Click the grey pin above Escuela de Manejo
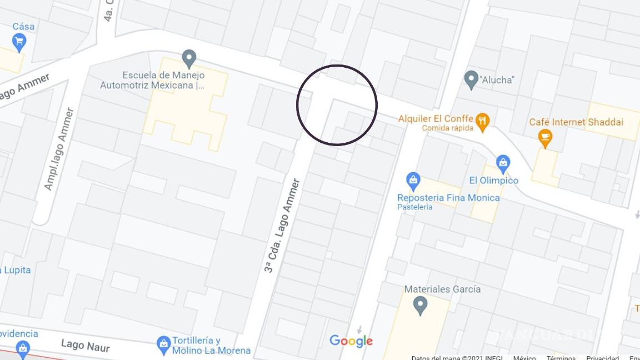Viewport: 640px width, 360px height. (x=189, y=58)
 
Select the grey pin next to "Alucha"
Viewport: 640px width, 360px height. (x=472, y=79)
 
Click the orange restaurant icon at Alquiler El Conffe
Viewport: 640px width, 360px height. (x=483, y=121)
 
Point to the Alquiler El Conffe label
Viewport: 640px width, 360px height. (x=436, y=118)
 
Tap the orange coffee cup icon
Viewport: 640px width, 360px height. (x=546, y=137)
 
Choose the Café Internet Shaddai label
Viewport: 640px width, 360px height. (x=576, y=122)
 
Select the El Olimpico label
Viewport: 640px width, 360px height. (x=493, y=181)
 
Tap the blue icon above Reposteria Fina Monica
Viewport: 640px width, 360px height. (x=413, y=180)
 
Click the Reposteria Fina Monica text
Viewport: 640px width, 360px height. (x=448, y=198)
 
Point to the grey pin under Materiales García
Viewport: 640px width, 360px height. (x=421, y=304)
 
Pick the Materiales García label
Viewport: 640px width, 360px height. (x=442, y=289)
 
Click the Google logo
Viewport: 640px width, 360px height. (x=351, y=341)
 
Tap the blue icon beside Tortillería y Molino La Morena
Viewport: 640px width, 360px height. (x=163, y=344)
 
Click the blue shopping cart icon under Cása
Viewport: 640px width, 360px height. (x=19, y=42)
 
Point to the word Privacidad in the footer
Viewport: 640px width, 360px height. (x=602, y=358)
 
